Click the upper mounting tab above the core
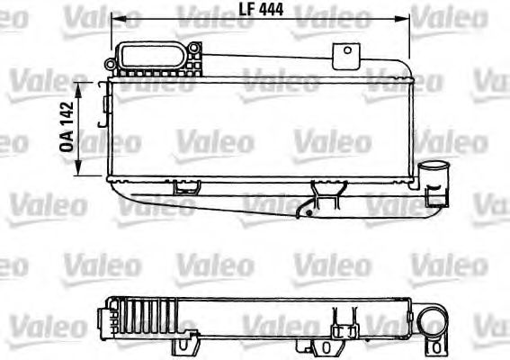tap(344, 55)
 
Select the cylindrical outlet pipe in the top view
tap(435, 175)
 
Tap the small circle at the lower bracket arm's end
tap(308, 214)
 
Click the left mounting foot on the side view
tap(186, 343)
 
